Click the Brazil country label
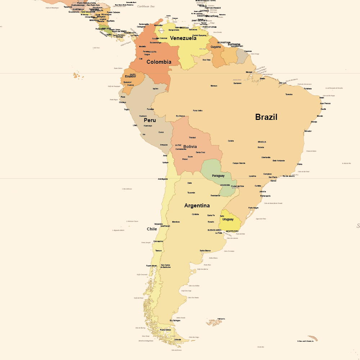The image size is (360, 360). pyautogui.click(x=266, y=117)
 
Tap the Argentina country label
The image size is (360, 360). pyautogui.click(x=197, y=206)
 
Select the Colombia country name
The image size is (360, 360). pyautogui.click(x=159, y=62)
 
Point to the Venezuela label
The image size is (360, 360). pyautogui.click(x=183, y=38)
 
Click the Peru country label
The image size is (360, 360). pyautogui.click(x=150, y=120)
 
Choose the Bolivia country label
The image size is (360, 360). pyautogui.click(x=190, y=147)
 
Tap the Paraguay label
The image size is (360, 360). pyautogui.click(x=218, y=176)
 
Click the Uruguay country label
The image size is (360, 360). pyautogui.click(x=228, y=219)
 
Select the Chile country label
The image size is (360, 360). pyautogui.click(x=152, y=229)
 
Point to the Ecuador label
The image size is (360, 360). pyautogui.click(x=130, y=76)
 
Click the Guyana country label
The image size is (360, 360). pyautogui.click(x=216, y=47)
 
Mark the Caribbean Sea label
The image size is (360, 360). pyautogui.click(x=148, y=6)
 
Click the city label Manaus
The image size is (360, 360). pyautogui.click(x=214, y=86)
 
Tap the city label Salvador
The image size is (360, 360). pyautogui.click(x=308, y=131)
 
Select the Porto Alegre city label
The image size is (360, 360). pyautogui.click(x=253, y=208)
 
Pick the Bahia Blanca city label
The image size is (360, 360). pyautogui.click(x=205, y=251)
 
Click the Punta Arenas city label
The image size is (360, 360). pyautogui.click(x=166, y=330)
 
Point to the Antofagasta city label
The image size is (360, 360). pyautogui.click(x=163, y=179)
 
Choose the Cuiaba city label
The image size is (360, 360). pyautogui.click(x=231, y=141)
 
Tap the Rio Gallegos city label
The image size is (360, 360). pyautogui.click(x=175, y=320)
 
